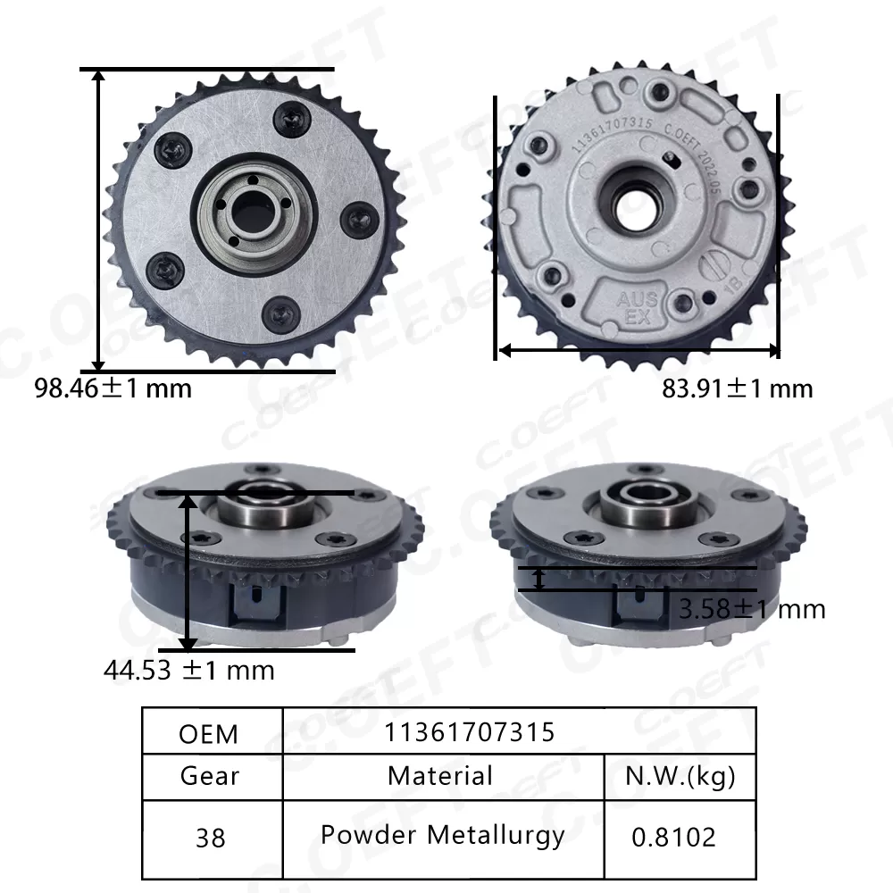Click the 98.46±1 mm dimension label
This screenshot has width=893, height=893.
pyautogui.click(x=113, y=388)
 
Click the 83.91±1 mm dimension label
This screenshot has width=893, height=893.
pyautogui.click(x=738, y=388)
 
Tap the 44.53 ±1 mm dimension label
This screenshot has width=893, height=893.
pyautogui.click(x=188, y=669)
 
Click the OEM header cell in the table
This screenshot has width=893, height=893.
pyautogui.click(x=209, y=733)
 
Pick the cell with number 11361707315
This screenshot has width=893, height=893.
pyautogui.click(x=470, y=732)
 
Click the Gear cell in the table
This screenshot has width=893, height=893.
pyautogui.click(x=210, y=776)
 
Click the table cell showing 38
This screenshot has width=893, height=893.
pyautogui.click(x=210, y=838)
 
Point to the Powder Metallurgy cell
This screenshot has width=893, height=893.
pyautogui.click(x=443, y=836)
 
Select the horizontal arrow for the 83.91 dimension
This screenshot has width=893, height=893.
pyautogui.click(x=638, y=351)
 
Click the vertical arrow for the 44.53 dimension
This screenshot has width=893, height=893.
pyautogui.click(x=188, y=572)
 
